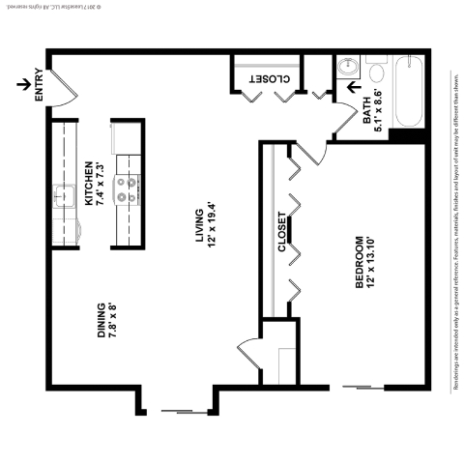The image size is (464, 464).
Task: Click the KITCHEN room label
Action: coord(88,184)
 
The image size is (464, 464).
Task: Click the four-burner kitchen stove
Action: coord(127,189)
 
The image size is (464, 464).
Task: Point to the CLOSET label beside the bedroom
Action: coord(282,232)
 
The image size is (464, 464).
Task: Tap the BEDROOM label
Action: coord(359,261)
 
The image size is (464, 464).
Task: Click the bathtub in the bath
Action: coord(409,92)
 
